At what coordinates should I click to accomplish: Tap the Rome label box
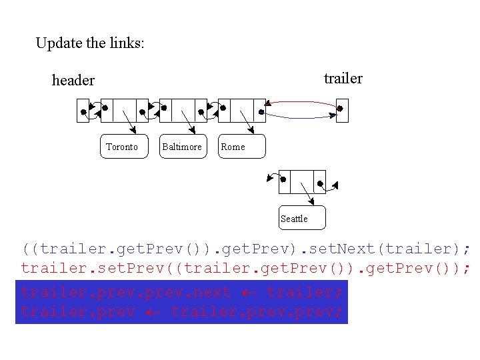241,147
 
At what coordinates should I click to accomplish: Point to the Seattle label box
301,218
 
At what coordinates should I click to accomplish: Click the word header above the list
73,81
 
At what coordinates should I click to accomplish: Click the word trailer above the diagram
343,79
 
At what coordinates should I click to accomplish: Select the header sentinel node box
83,111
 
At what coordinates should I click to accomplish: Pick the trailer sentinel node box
342,110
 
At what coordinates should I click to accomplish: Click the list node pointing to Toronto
124,111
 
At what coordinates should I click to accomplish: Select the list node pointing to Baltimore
183,111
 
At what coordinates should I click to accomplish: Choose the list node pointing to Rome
241,111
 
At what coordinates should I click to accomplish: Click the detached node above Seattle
302,181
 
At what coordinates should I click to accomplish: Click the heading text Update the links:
90,44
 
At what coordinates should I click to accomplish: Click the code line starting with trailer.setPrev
246,269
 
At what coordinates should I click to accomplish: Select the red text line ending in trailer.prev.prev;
181,311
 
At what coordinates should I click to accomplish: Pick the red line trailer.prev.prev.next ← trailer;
181,292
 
